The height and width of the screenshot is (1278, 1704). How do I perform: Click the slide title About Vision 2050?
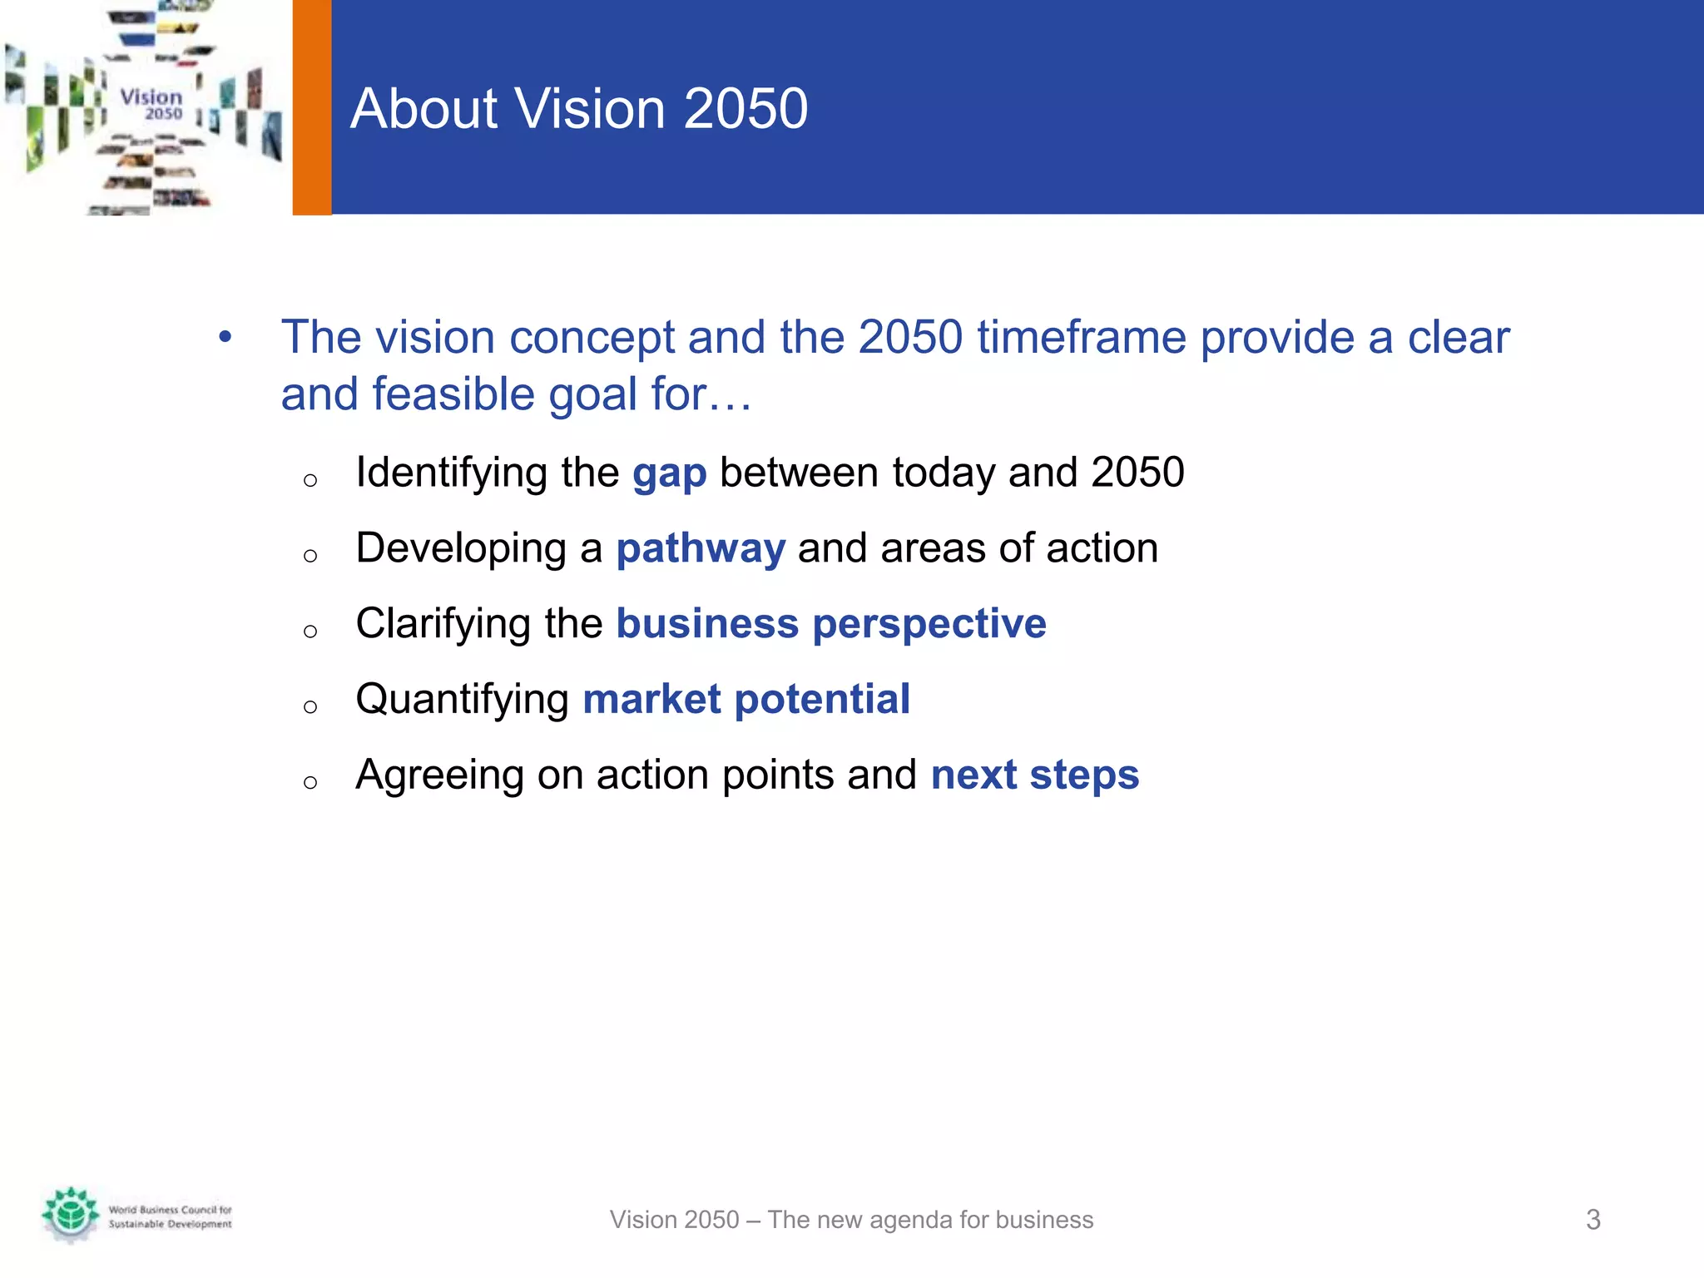pos(578,109)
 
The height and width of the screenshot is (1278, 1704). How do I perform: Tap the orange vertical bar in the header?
pos(312,107)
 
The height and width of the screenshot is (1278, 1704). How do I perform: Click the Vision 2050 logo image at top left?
pos(146,107)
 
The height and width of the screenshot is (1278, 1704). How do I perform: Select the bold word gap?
pos(669,473)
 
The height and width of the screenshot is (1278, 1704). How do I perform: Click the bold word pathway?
pos(701,549)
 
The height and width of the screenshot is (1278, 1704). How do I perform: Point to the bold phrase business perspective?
pos(830,624)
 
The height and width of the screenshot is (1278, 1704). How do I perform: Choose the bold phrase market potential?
pos(745,700)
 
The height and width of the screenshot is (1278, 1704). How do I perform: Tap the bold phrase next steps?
pos(1034,775)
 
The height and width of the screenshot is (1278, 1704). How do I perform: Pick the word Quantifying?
pos(462,700)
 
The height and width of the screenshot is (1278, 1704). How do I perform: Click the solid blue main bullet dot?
pos(225,337)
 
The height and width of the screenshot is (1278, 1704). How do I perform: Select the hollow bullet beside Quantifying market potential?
pos(310,707)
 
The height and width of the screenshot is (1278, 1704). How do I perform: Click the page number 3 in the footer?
pos(1593,1220)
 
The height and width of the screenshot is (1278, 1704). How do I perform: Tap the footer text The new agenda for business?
pos(930,1220)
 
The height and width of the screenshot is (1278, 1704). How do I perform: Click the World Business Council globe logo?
pos(71,1214)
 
